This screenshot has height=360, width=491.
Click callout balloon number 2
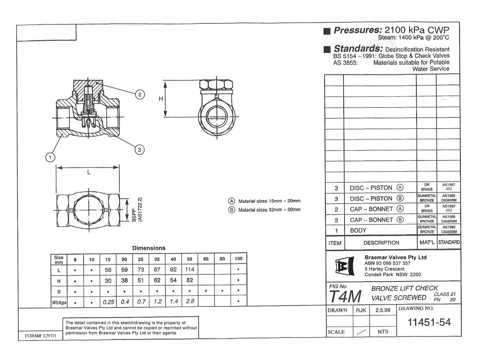click(140, 95)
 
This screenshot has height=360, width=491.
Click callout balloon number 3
click(139, 149)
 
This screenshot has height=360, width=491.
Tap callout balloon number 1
click(50, 157)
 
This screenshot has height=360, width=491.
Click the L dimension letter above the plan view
click(89, 172)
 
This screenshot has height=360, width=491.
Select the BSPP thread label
click(134, 215)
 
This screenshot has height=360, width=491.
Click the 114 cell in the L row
click(190, 270)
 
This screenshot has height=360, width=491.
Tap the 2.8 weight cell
click(190, 301)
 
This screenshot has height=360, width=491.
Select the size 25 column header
click(141, 259)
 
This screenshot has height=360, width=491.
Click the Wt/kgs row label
click(59, 302)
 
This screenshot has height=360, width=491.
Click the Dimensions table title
click(149, 248)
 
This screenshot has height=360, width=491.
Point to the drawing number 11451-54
click(429, 322)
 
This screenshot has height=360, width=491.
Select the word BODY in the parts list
click(358, 230)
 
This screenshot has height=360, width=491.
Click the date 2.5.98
click(383, 310)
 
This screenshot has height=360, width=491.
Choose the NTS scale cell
click(383, 332)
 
